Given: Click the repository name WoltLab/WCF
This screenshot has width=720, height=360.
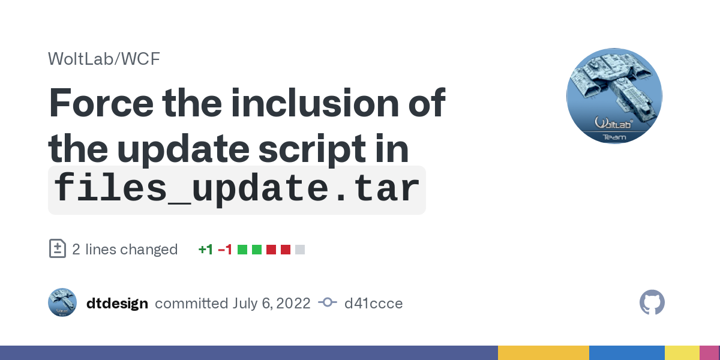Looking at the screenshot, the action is pyautogui.click(x=104, y=59).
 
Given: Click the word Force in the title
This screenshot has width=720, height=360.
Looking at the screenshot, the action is pyautogui.click(x=101, y=103).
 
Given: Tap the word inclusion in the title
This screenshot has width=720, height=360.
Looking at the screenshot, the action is pyautogui.click(x=315, y=103).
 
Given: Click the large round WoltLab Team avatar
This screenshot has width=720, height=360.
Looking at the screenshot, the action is pyautogui.click(x=614, y=96).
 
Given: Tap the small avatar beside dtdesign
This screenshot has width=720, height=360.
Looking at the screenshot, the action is pyautogui.click(x=62, y=302).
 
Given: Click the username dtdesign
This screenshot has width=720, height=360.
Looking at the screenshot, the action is pyautogui.click(x=118, y=304).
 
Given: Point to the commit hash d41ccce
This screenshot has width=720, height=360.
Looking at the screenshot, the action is pyautogui.click(x=373, y=304).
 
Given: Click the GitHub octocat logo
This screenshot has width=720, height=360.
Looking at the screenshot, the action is pyautogui.click(x=652, y=302).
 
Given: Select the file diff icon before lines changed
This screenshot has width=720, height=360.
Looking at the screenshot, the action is pyautogui.click(x=58, y=248).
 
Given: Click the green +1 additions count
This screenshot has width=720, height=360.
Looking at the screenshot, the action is pyautogui.click(x=206, y=250).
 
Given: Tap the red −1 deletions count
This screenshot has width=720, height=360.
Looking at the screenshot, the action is pyautogui.click(x=225, y=250).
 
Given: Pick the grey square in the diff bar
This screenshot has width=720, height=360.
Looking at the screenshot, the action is pyautogui.click(x=300, y=250).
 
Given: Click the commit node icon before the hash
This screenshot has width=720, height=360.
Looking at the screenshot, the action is pyautogui.click(x=328, y=302).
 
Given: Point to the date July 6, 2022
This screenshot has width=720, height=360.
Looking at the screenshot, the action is pyautogui.click(x=271, y=304).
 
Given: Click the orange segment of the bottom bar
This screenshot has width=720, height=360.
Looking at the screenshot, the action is pyautogui.click(x=544, y=353).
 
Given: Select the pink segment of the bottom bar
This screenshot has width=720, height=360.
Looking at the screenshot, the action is pyautogui.click(x=710, y=353).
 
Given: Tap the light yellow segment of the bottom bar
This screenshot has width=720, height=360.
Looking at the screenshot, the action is pyautogui.click(x=682, y=353).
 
